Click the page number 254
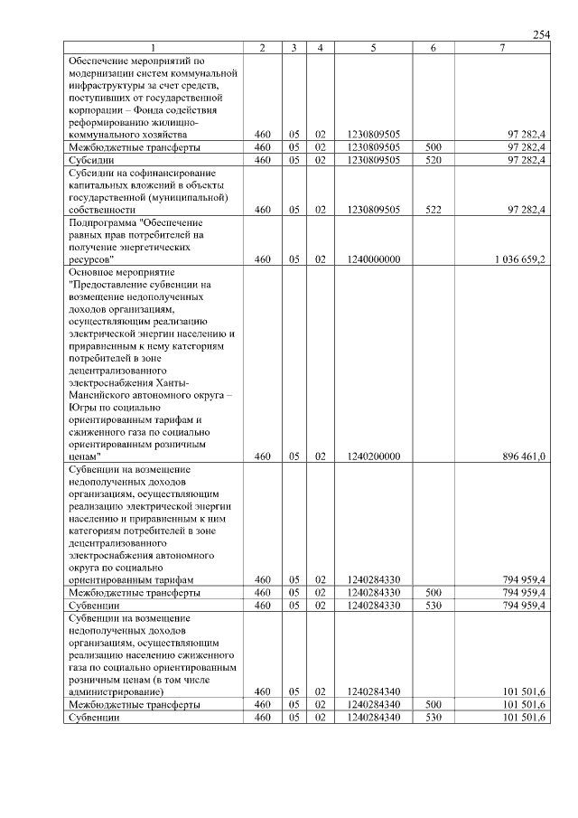(541, 34)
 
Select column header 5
(372, 47)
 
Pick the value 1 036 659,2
(519, 259)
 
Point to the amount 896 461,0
(524, 456)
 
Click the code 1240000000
(372, 259)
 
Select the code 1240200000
(372, 456)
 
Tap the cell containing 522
(433, 209)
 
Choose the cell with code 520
(433, 160)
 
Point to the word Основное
(93, 271)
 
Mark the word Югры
(82, 407)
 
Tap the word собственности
(101, 209)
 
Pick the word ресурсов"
(90, 259)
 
